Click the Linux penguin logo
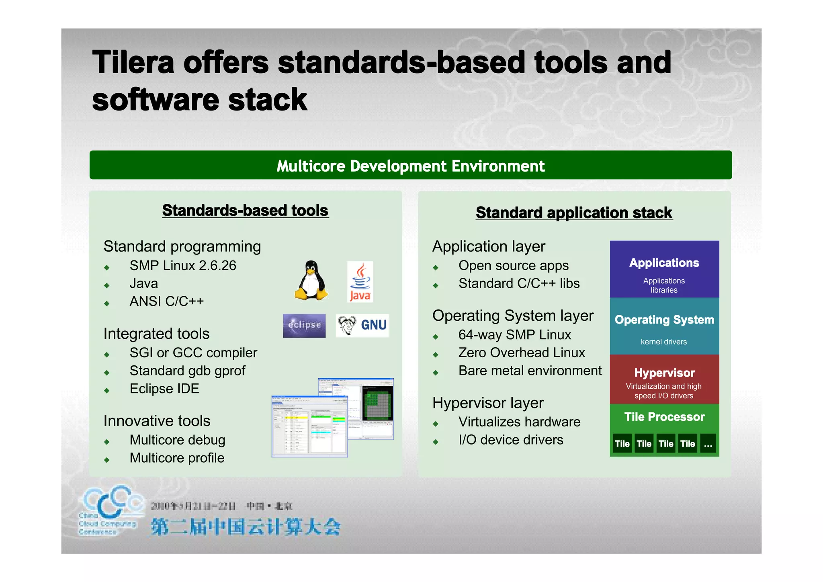click(x=311, y=280)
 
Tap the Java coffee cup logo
click(x=360, y=281)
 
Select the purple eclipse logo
click(x=304, y=325)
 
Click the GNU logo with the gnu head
click(x=362, y=325)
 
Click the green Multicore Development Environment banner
click(x=410, y=165)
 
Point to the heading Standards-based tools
click(x=245, y=211)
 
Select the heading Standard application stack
click(x=574, y=213)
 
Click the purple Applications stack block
click(x=664, y=269)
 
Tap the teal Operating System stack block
click(x=664, y=326)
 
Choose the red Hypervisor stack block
click(x=664, y=379)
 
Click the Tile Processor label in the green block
click(x=664, y=417)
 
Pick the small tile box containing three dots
click(x=708, y=444)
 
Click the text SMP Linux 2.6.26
click(x=183, y=266)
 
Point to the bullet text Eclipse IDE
click(x=164, y=389)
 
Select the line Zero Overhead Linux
click(x=522, y=352)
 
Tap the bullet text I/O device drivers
click(x=511, y=440)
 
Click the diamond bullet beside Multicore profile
click(x=106, y=460)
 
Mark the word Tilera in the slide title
click(x=133, y=63)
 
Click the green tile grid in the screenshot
click(x=377, y=405)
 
